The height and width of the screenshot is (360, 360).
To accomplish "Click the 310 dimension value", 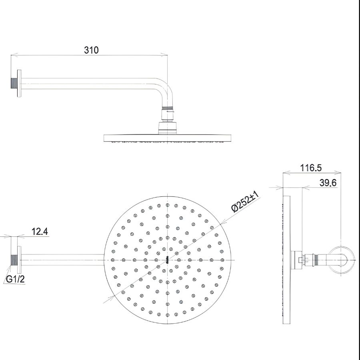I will point(91,50).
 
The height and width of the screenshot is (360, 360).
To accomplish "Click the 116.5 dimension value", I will point(311,168).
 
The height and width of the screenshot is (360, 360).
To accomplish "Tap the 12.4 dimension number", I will point(40,231).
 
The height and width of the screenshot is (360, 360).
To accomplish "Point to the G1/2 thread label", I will point(15,280).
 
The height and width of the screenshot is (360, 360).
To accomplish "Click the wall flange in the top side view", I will point(19,84).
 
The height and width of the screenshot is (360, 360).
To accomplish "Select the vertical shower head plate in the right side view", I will point(286,260).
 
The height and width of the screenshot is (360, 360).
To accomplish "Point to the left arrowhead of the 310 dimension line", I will point(12,55).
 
